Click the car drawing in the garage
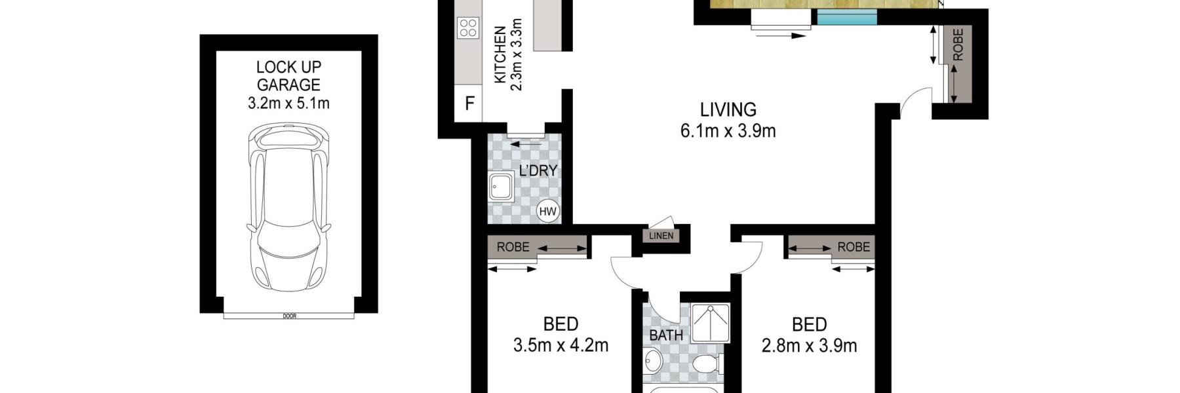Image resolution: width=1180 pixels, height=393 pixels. tap(288, 208)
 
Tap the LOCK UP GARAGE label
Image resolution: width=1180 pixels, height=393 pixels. tap(288, 76)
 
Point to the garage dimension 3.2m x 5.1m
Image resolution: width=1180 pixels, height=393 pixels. tap(288, 103)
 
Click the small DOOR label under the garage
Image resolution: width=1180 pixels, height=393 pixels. tap(289, 316)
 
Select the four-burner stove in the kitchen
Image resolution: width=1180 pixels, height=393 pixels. tap(468, 28)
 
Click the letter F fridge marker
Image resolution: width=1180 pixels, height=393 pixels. tap(469, 103)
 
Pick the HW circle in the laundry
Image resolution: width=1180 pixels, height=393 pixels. tap(547, 211)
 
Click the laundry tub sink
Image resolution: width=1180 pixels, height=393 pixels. tap(502, 186)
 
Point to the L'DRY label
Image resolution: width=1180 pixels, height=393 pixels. tap(538, 171)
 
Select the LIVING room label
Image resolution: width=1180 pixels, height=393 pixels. tap(728, 109)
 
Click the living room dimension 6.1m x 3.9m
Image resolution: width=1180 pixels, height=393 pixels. tap(728, 131)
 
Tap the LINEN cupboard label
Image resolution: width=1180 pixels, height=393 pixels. tap(661, 236)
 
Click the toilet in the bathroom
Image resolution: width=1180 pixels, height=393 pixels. tap(706, 364)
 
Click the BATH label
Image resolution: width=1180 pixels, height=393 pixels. tap(666, 335)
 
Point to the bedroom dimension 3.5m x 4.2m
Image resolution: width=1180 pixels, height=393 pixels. tap(560, 345)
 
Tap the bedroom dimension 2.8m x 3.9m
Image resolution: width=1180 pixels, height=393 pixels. tap(809, 345)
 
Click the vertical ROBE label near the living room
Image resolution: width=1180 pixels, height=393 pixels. tap(958, 45)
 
